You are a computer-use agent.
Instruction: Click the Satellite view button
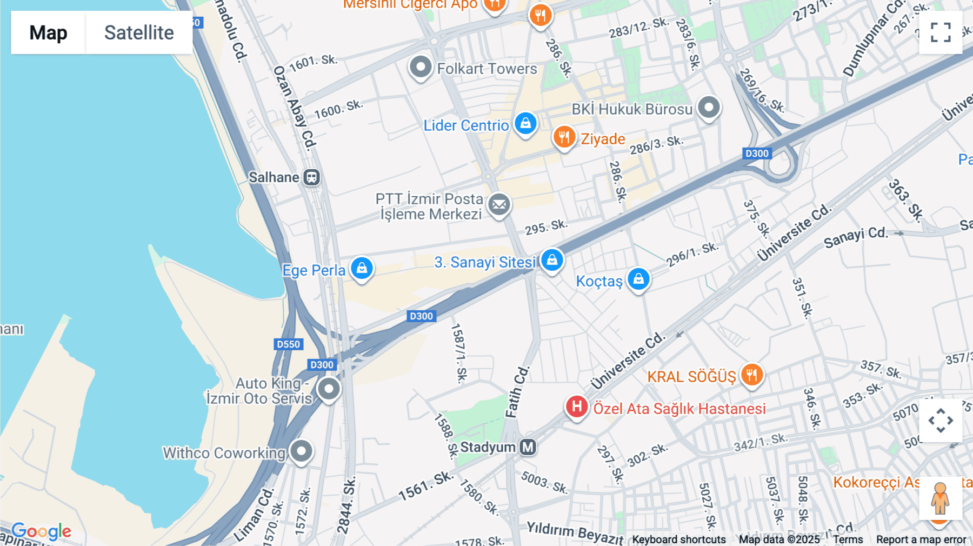(139, 32)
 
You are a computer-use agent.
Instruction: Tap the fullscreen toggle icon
(941, 32)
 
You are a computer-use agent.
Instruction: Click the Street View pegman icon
(940, 498)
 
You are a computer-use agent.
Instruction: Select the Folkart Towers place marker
(421, 68)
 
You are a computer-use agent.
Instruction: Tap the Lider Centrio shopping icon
(525, 124)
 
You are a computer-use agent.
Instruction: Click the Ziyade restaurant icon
(564, 137)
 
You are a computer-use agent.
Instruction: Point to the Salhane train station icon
(311, 177)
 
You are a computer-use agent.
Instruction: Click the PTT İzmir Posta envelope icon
(499, 205)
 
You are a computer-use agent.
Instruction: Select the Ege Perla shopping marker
(362, 268)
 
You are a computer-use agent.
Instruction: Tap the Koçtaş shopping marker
(638, 279)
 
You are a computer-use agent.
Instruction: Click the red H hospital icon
(577, 407)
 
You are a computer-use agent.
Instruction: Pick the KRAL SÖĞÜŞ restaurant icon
(751, 374)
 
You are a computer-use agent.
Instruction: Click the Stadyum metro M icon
(528, 447)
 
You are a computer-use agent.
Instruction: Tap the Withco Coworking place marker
(301, 451)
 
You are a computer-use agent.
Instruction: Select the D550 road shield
(288, 344)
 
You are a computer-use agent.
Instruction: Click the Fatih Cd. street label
(517, 392)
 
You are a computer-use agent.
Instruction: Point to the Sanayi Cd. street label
(855, 237)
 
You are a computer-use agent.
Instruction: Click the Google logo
(42, 531)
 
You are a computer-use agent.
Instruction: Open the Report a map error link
(921, 540)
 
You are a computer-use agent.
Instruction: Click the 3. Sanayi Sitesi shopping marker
(551, 260)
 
